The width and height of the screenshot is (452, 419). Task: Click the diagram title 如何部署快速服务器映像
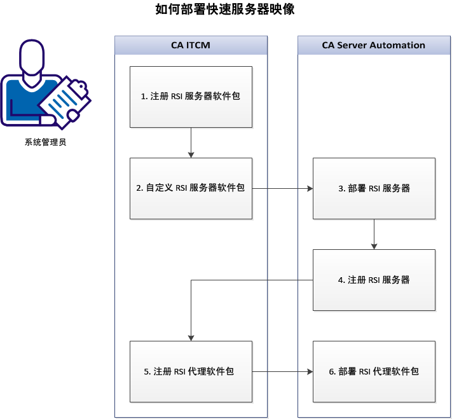point(225,10)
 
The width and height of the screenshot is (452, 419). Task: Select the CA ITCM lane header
point(191,45)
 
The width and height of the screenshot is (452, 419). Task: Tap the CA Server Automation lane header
point(373,45)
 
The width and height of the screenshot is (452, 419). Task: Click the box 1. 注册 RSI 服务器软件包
point(191,97)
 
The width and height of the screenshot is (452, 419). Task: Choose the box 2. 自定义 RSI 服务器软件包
point(191,188)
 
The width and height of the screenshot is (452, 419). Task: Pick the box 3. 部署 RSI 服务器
point(374,188)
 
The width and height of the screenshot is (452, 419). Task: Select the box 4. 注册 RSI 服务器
point(374,280)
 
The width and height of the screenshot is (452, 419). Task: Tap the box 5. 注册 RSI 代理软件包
point(191,371)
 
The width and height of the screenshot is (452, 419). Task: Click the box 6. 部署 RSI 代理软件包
point(374,371)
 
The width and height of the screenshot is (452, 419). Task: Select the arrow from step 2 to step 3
point(282,189)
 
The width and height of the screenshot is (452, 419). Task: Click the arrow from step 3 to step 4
point(374,234)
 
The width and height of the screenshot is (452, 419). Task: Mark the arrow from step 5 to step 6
point(282,371)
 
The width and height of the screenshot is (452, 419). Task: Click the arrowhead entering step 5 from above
point(191,338)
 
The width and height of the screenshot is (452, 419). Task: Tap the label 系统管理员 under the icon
point(45,142)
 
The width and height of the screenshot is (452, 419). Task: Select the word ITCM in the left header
point(198,45)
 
